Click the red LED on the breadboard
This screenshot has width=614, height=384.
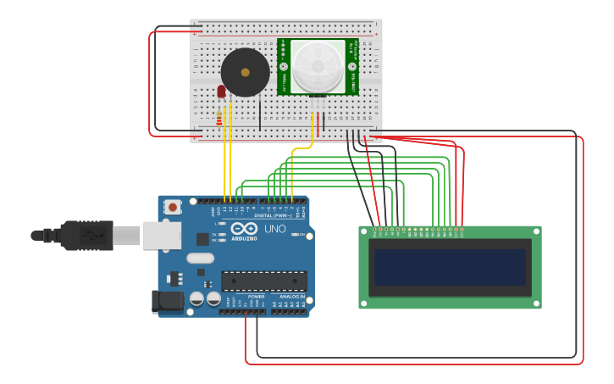221,91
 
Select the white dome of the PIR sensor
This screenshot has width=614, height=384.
318,65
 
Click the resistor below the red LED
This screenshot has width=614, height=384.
220,118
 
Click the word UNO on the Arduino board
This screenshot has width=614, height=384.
275,229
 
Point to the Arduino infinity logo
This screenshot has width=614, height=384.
242,229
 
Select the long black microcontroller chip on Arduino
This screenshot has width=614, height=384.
264,281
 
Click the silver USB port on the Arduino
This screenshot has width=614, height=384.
162,236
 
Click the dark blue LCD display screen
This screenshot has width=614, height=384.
450,267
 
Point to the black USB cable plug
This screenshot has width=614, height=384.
86,235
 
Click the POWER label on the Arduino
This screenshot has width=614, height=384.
256,297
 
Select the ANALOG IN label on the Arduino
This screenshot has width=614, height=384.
292,297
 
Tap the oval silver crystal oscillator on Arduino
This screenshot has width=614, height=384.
201,258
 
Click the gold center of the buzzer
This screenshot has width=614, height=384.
246,73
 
